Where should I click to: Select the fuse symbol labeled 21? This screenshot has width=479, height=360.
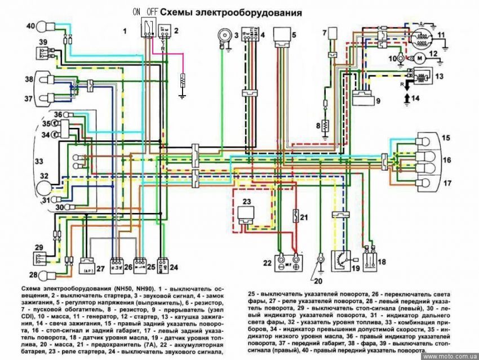[294, 217]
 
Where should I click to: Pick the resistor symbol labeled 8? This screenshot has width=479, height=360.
[325, 127]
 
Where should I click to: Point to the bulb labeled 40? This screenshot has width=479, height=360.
[45, 26]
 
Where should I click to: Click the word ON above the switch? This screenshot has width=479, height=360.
[136, 11]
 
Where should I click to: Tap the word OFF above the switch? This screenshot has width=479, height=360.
[152, 11]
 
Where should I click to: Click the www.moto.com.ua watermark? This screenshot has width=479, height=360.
[449, 356]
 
